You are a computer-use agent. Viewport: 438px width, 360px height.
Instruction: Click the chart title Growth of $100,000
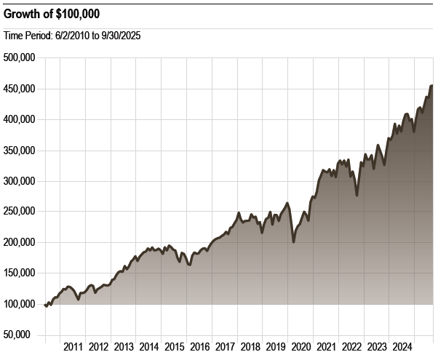[52, 13]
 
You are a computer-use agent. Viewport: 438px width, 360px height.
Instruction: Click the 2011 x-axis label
[73, 346]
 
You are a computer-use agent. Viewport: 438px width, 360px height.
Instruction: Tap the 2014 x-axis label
[148, 346]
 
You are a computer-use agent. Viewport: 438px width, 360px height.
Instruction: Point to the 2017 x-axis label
[225, 346]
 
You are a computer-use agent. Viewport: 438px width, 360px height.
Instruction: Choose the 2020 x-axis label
[300, 346]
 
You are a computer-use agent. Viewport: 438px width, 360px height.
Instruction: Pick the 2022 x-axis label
[351, 346]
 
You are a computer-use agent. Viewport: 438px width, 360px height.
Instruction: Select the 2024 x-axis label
[402, 346]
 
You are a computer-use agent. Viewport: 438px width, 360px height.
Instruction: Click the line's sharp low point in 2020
[293, 241]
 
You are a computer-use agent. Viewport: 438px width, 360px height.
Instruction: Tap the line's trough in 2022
[357, 195]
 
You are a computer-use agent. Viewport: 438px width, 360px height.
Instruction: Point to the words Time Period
[27, 35]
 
